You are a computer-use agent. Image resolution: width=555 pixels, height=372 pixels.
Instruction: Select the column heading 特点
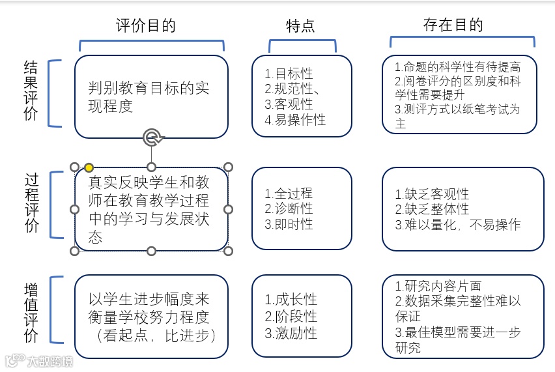click(300, 25)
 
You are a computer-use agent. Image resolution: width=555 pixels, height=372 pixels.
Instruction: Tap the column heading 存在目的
click(453, 25)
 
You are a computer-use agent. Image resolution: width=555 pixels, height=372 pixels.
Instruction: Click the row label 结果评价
click(31, 92)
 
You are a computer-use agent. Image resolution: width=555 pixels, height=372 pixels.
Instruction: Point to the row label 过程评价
click(31, 204)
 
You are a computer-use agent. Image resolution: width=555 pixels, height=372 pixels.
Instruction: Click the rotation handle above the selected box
click(152, 136)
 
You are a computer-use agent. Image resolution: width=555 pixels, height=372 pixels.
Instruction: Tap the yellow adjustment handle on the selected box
click(89, 167)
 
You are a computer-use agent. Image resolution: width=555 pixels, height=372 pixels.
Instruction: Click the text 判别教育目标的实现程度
click(149, 97)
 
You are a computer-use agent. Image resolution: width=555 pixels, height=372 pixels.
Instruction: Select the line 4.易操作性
click(295, 120)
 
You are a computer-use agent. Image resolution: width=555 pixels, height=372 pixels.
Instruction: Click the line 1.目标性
click(289, 73)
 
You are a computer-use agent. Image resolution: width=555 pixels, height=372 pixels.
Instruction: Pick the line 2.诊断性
click(289, 209)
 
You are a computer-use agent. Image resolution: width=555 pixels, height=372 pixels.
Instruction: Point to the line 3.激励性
click(291, 333)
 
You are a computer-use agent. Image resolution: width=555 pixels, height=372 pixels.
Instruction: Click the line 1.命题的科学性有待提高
click(458, 67)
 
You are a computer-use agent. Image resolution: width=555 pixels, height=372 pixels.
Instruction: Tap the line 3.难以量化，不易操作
click(458, 225)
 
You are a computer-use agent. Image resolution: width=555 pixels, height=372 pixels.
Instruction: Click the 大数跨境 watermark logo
click(39, 360)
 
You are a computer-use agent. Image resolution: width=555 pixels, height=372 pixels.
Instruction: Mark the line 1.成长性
click(291, 300)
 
